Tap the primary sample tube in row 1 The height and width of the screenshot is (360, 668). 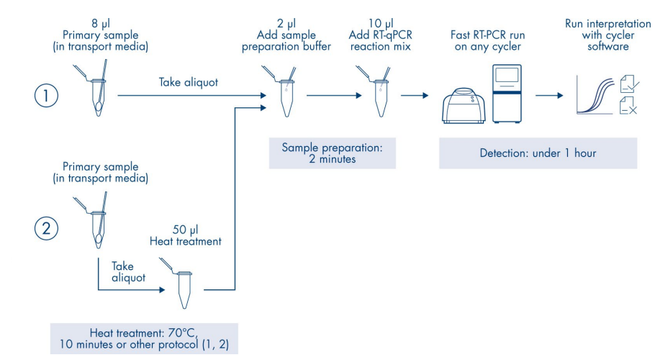tap(96, 91)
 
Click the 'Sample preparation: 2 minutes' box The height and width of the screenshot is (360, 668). tap(332, 153)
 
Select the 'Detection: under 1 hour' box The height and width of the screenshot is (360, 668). tap(538, 153)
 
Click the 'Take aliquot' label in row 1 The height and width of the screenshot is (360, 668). tap(189, 82)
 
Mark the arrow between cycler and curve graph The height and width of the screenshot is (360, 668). tap(551, 95)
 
